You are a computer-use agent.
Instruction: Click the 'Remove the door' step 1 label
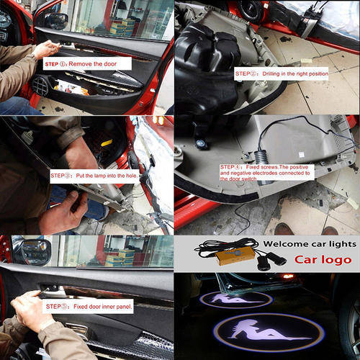click(x=87, y=63)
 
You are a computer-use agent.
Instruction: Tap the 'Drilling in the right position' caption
click(x=282, y=73)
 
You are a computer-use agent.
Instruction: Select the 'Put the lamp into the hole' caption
click(x=94, y=176)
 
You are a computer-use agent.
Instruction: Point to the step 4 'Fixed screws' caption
click(x=267, y=173)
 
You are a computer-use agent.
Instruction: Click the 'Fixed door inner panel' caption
click(x=88, y=306)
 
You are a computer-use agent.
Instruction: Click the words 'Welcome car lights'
click(x=310, y=244)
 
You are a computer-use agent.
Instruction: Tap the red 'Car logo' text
click(x=323, y=260)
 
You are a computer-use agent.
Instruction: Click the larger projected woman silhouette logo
click(x=269, y=333)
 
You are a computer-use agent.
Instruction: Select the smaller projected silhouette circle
click(x=236, y=300)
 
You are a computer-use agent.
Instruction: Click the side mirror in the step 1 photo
click(x=55, y=20)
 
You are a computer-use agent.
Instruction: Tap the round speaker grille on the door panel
click(x=40, y=85)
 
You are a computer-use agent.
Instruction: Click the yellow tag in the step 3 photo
click(x=107, y=143)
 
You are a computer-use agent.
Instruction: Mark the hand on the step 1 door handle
click(x=47, y=49)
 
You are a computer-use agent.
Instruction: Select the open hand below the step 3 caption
click(x=63, y=212)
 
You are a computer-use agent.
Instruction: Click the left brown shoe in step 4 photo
click(x=284, y=229)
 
